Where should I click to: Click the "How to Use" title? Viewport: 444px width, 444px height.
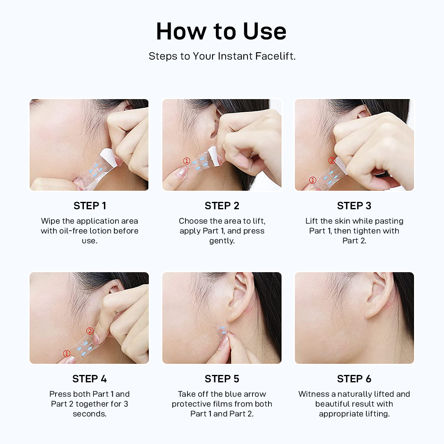tap(221, 31)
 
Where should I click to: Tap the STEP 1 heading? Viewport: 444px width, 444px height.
tap(90, 206)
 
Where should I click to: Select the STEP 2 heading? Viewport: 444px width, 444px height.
tap(222, 206)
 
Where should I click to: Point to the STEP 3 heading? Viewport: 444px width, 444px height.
tap(354, 206)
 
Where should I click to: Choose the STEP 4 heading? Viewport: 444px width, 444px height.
tap(90, 379)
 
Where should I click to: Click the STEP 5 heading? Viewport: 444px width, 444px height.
tap(222, 379)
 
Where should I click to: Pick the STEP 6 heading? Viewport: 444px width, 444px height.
tap(354, 379)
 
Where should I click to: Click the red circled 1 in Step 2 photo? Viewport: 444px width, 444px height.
tap(187, 161)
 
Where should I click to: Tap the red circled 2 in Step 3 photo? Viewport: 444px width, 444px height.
tap(332, 160)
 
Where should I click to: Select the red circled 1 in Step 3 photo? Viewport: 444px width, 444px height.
tap(312, 180)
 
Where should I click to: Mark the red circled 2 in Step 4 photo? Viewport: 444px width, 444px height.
tap(90, 331)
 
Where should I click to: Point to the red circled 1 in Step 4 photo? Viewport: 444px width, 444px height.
tap(67, 354)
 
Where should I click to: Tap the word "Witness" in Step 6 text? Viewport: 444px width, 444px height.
tap(314, 394)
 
